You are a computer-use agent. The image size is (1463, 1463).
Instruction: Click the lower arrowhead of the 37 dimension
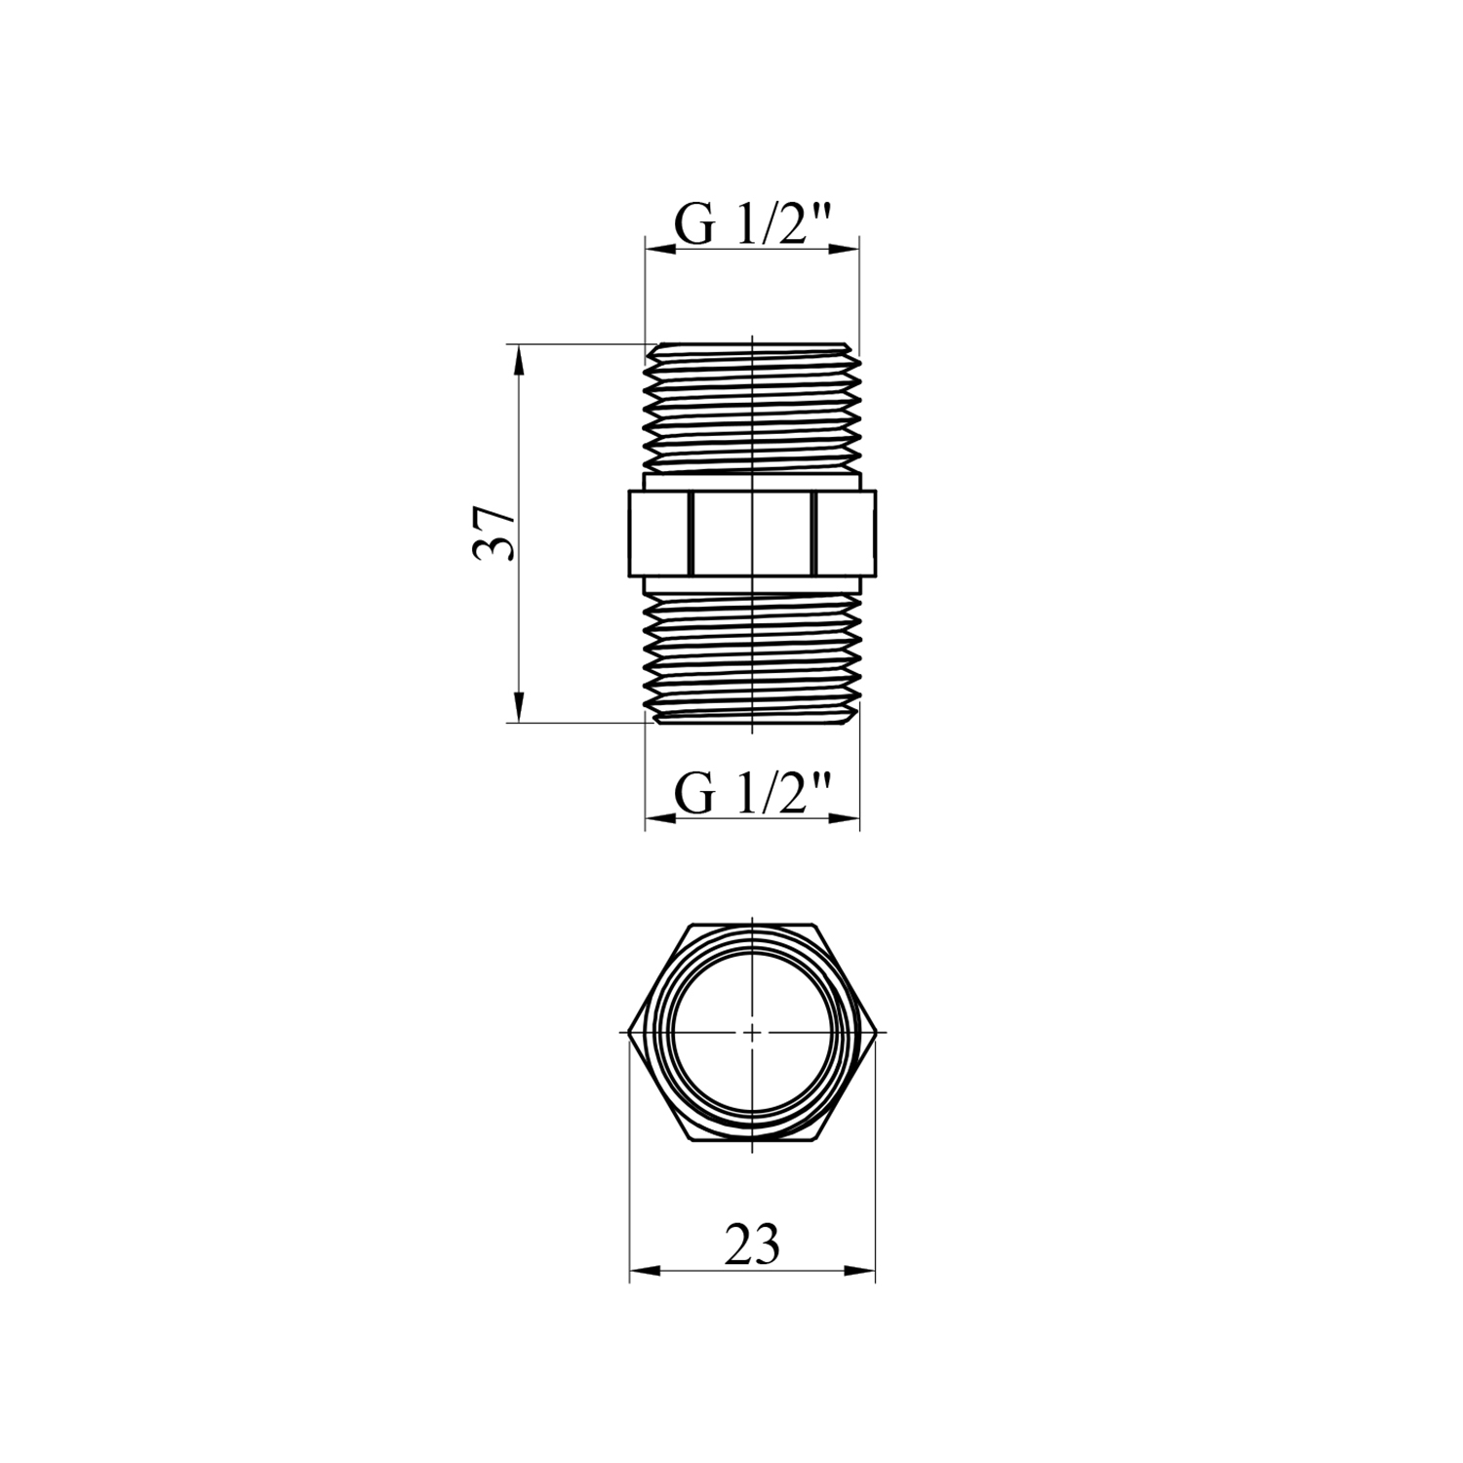(x=519, y=708)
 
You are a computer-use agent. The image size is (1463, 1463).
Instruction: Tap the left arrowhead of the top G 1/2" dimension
(x=660, y=249)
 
